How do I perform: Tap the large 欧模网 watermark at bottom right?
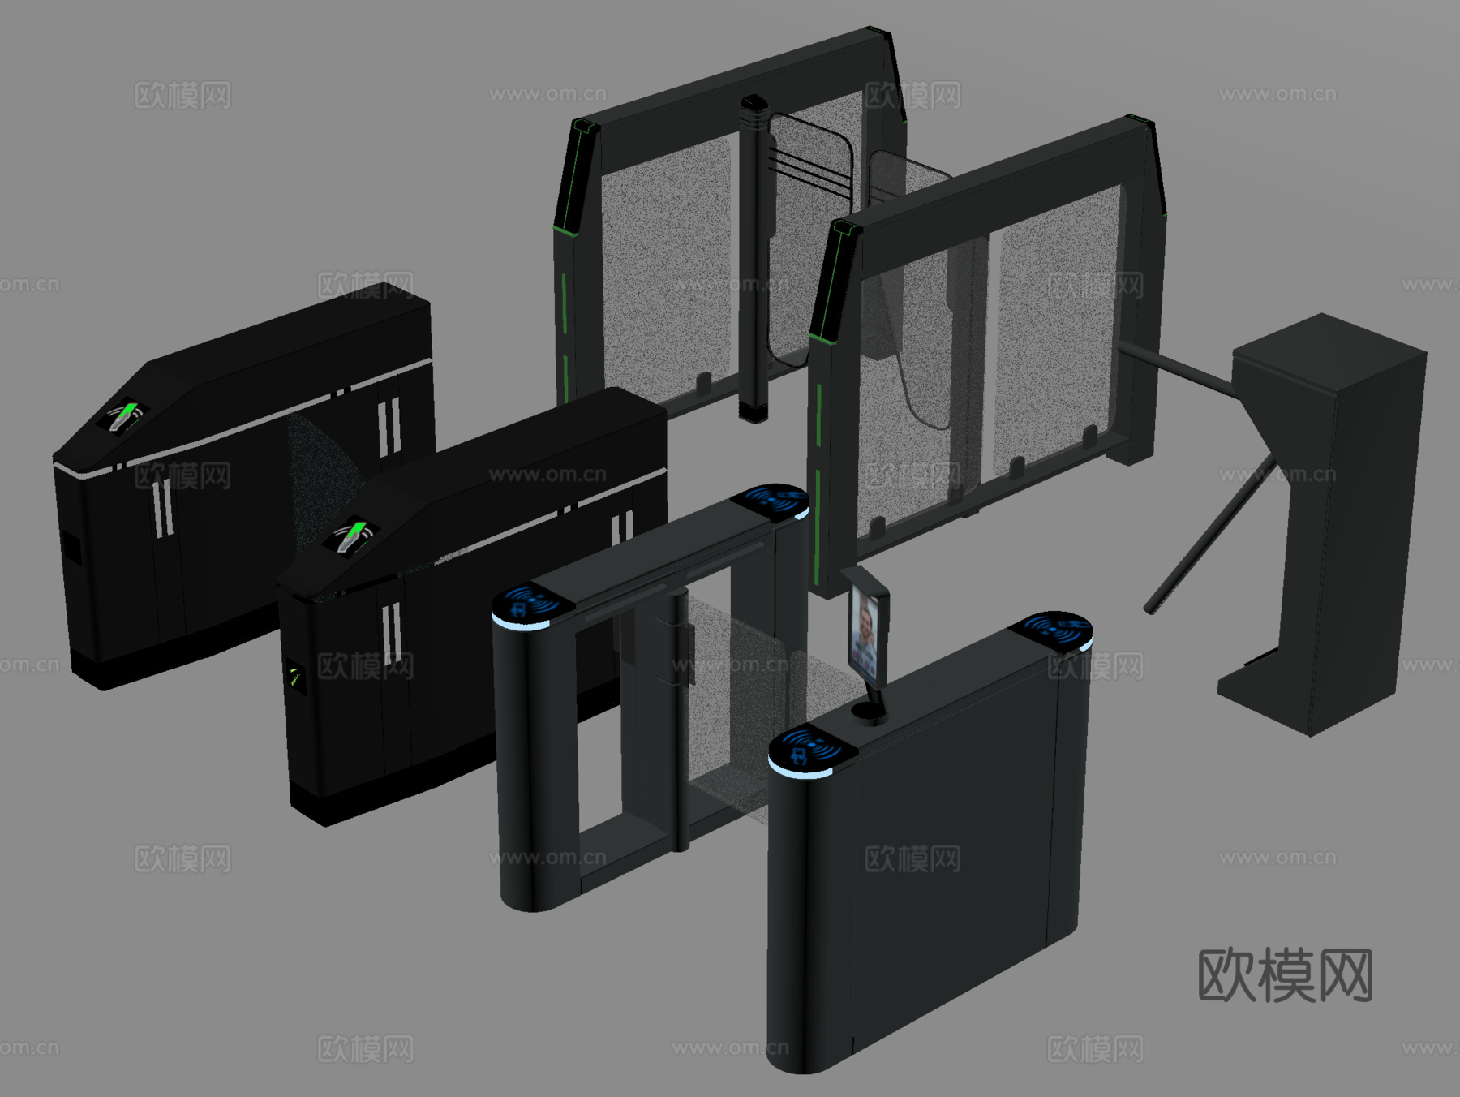tap(1285, 974)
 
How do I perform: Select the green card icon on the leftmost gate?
tap(122, 415)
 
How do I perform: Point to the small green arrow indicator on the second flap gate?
tap(294, 677)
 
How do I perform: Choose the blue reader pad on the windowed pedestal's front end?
tap(532, 604)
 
